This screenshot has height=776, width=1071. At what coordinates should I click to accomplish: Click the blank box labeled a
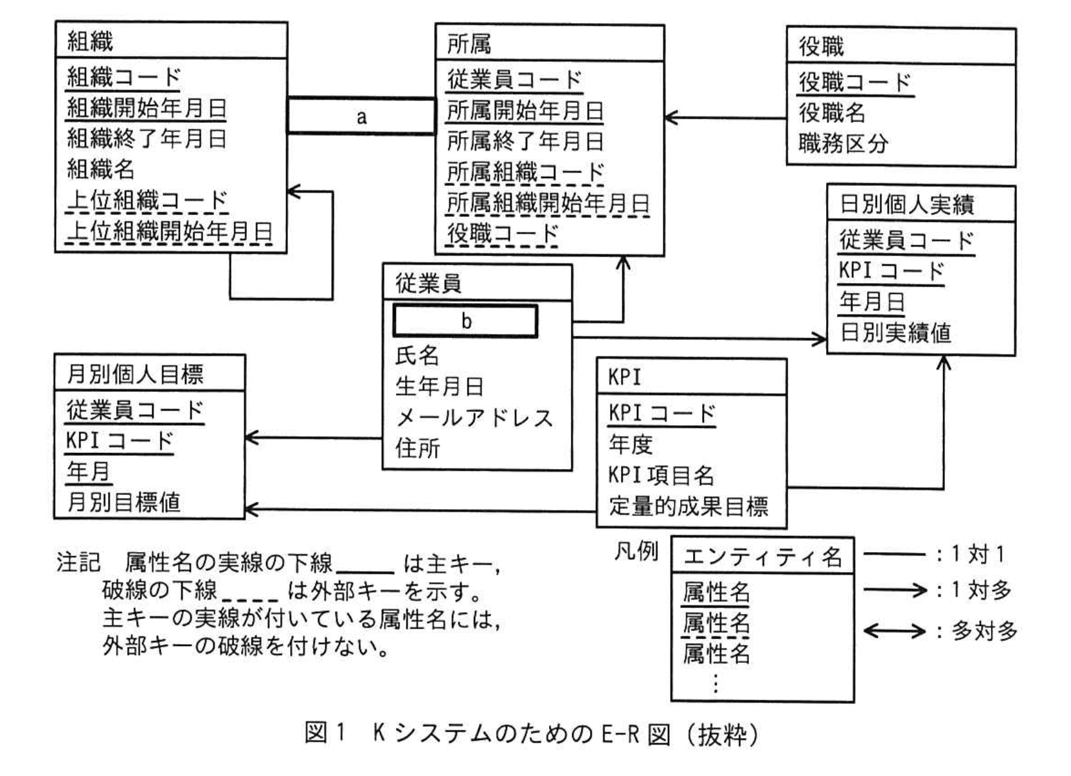click(361, 116)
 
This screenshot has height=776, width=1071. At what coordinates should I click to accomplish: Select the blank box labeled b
click(465, 320)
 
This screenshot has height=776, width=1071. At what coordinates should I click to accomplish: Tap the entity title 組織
click(90, 42)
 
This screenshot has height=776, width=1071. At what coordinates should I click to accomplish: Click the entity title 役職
click(821, 46)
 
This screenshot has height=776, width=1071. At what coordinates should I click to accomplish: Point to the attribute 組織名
click(101, 169)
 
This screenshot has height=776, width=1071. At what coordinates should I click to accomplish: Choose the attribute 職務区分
click(843, 143)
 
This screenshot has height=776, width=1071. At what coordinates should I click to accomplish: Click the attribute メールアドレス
click(474, 418)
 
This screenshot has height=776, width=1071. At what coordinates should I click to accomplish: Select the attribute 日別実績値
click(896, 333)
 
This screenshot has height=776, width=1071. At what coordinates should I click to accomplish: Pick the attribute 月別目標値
click(123, 502)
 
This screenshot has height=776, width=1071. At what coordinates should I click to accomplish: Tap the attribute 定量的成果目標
click(688, 506)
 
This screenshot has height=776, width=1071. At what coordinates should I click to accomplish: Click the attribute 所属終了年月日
click(525, 141)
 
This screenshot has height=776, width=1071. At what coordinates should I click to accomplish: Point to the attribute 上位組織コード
click(147, 200)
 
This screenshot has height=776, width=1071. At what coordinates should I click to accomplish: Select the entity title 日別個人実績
click(906, 205)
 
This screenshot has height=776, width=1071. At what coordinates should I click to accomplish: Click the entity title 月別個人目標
click(135, 374)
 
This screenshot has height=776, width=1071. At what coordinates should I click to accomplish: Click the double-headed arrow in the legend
click(894, 631)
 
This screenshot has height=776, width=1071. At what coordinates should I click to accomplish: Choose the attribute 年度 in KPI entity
click(631, 444)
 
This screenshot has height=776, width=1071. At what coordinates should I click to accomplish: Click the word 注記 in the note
click(78, 562)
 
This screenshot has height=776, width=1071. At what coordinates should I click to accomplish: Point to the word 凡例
click(636, 551)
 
